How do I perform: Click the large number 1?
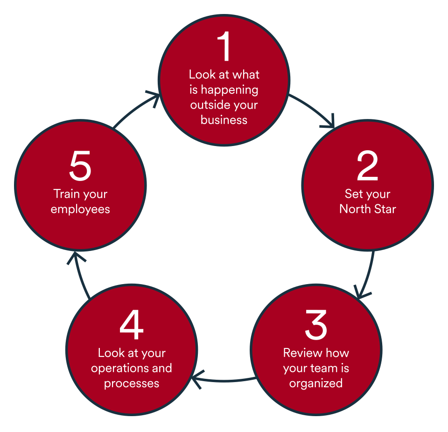(224, 47)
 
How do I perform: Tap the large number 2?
(367, 167)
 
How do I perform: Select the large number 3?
(316, 325)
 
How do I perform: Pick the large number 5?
(80, 167)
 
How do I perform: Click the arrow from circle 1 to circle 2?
(315, 109)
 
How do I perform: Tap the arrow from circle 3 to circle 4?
(224, 379)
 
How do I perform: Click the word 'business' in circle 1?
(224, 120)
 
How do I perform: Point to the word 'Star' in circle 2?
(385, 209)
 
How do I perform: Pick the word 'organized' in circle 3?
(316, 383)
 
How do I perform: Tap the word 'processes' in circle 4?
(132, 383)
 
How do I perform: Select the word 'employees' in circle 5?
(80, 209)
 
